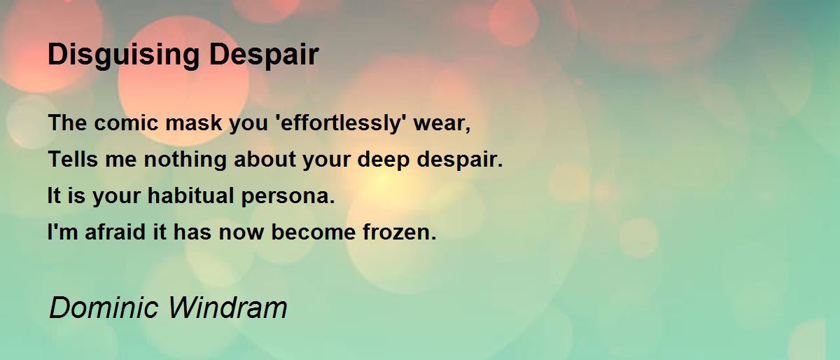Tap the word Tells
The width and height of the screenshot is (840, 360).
(x=71, y=160)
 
